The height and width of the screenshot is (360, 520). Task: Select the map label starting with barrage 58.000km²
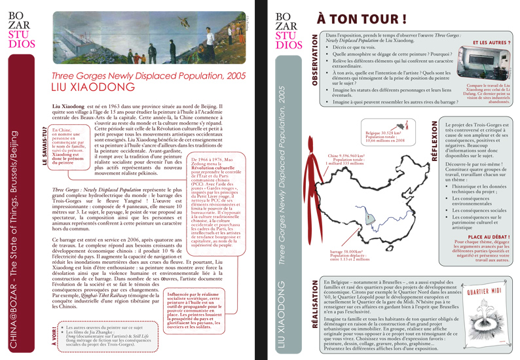pyautogui.click(x=346, y=255)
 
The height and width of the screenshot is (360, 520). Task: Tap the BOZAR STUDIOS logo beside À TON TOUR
pyautogui.click(x=289, y=30)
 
